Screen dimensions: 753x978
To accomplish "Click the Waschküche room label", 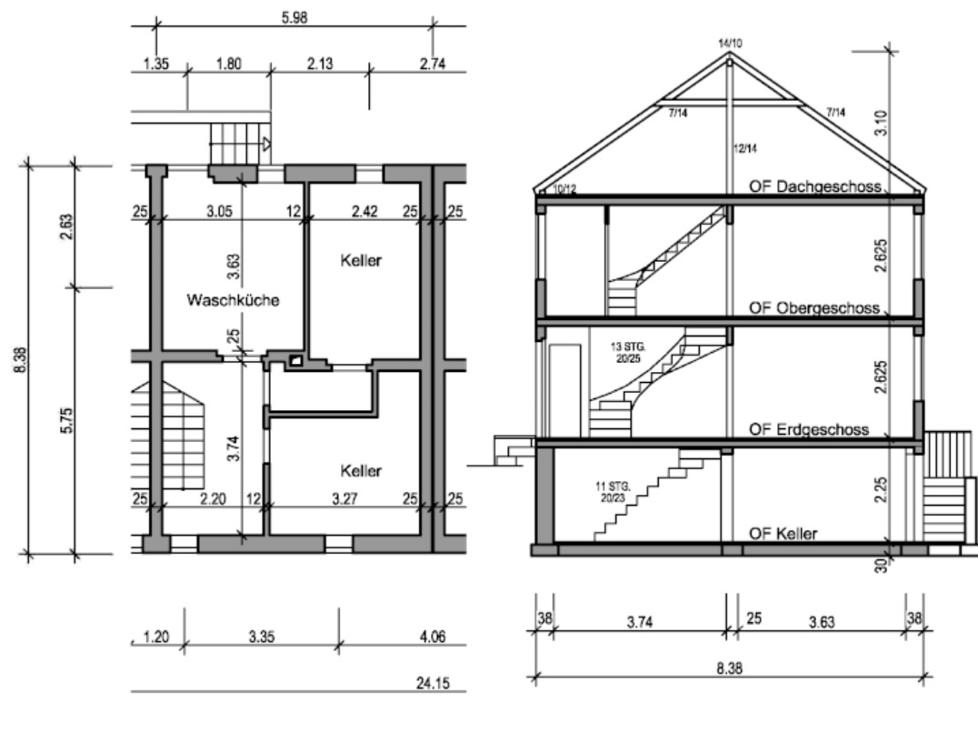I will [232, 299].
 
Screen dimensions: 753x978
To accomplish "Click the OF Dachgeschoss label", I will [815, 186].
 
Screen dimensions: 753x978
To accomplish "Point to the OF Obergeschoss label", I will [813, 308].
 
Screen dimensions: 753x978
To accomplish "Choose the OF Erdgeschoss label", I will [809, 429].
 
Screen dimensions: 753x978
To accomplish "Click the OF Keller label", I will [782, 534].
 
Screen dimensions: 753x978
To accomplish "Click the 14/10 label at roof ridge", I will [730, 43].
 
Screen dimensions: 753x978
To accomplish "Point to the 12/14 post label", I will [748, 147].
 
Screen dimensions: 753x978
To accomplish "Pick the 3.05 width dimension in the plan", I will [218, 211].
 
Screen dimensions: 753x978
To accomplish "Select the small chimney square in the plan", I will [295, 361].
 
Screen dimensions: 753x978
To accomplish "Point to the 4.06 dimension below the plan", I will [433, 637].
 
